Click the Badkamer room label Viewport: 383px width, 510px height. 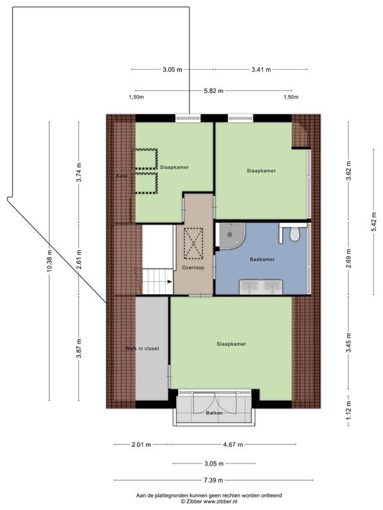[262, 259]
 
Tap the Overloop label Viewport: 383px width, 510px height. [193, 268]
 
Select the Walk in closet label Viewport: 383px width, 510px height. [142, 349]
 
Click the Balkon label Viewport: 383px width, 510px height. [214, 413]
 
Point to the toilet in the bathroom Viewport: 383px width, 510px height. [295, 234]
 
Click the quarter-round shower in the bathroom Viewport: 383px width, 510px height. [232, 236]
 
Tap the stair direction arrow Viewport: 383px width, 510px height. [170, 282]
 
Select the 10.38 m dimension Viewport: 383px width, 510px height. [49, 261]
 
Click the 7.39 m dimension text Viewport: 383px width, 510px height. [213, 480]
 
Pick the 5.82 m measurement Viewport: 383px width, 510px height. [213, 91]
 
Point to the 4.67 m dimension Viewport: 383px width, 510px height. [233, 445]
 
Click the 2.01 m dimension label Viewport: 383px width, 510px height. [142, 445]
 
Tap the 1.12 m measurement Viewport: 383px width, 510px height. [348, 410]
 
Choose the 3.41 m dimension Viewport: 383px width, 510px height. [261, 69]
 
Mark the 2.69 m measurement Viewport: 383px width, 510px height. [348, 258]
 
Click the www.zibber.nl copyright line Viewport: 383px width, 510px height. [209, 502]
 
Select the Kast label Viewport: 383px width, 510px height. [122, 176]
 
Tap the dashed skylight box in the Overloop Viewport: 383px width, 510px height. [193, 243]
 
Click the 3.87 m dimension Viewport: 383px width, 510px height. [78, 348]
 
